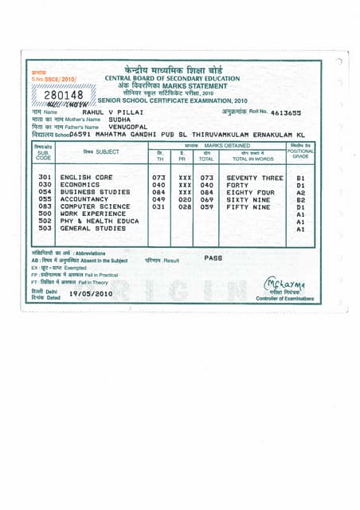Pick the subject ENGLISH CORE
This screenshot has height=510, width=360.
tap(86, 178)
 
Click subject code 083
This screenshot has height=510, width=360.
tap(45, 206)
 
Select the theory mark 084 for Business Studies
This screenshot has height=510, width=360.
tap(159, 192)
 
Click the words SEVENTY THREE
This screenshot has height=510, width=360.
tap(254, 178)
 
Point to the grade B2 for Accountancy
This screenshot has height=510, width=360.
tap(300, 199)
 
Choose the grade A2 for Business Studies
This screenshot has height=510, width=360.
tap(300, 192)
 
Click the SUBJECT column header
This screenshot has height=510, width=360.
tap(101, 151)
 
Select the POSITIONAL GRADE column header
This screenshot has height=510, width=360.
tap(300, 153)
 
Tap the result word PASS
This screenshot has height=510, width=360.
tap(213, 258)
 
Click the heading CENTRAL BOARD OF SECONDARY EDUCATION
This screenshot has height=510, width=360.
tap(172, 78)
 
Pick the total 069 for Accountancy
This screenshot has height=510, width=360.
tap(207, 199)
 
